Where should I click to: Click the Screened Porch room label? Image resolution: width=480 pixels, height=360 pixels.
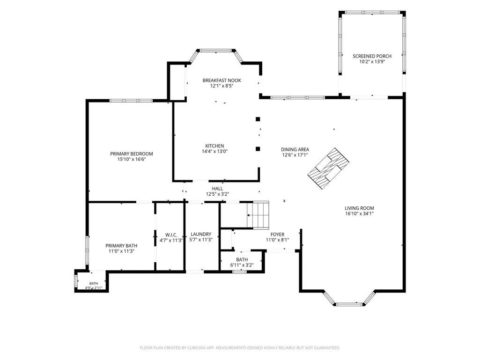click(x=372, y=56)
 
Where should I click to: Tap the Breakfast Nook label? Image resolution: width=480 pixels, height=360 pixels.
click(x=222, y=80)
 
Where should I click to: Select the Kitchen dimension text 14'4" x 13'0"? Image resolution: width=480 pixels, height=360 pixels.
click(x=214, y=151)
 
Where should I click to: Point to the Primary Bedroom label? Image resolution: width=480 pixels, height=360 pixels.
click(x=131, y=154)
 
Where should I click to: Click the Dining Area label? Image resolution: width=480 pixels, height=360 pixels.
click(x=295, y=149)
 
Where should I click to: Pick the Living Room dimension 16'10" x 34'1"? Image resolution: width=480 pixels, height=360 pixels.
click(x=359, y=213)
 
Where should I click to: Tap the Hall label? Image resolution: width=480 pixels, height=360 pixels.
click(x=217, y=189)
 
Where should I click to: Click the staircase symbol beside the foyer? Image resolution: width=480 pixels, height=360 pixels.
click(x=258, y=215)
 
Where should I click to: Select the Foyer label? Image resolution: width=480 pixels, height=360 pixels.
click(x=277, y=235)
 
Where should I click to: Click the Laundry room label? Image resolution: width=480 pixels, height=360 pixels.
click(x=201, y=234)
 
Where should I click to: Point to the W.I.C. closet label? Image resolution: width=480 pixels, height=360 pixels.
click(x=171, y=235)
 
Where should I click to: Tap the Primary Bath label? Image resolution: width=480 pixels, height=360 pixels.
click(x=121, y=245)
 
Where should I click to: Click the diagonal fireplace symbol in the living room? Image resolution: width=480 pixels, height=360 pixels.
click(x=328, y=169)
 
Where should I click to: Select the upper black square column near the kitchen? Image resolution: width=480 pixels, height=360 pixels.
click(x=258, y=119)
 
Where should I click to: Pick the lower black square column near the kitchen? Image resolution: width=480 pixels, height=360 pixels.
click(x=258, y=149)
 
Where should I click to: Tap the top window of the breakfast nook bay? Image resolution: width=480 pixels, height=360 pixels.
click(x=216, y=51)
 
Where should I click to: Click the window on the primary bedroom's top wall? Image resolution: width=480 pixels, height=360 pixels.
click(x=131, y=101)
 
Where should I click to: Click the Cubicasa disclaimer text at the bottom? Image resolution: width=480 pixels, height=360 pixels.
click(x=240, y=348)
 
